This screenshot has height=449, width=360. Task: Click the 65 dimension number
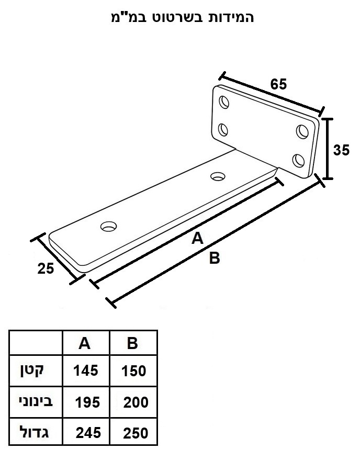click(x=278, y=84)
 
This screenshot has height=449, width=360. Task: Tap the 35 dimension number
click(x=341, y=150)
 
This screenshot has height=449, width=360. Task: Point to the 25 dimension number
click(x=46, y=268)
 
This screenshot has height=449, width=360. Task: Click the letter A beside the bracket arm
click(x=197, y=238)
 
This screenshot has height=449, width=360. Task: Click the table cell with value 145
click(x=86, y=371)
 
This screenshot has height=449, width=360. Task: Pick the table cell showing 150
click(x=133, y=371)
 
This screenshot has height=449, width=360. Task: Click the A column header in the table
click(x=84, y=343)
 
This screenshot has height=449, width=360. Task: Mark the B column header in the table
click(x=132, y=343)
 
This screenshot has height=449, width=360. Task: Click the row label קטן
click(x=31, y=371)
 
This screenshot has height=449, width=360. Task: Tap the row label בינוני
click(x=36, y=401)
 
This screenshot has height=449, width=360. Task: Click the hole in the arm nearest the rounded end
click(x=109, y=227)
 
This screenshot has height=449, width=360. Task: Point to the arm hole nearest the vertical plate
click(x=218, y=176)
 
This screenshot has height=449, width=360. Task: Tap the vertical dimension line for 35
click(x=328, y=149)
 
